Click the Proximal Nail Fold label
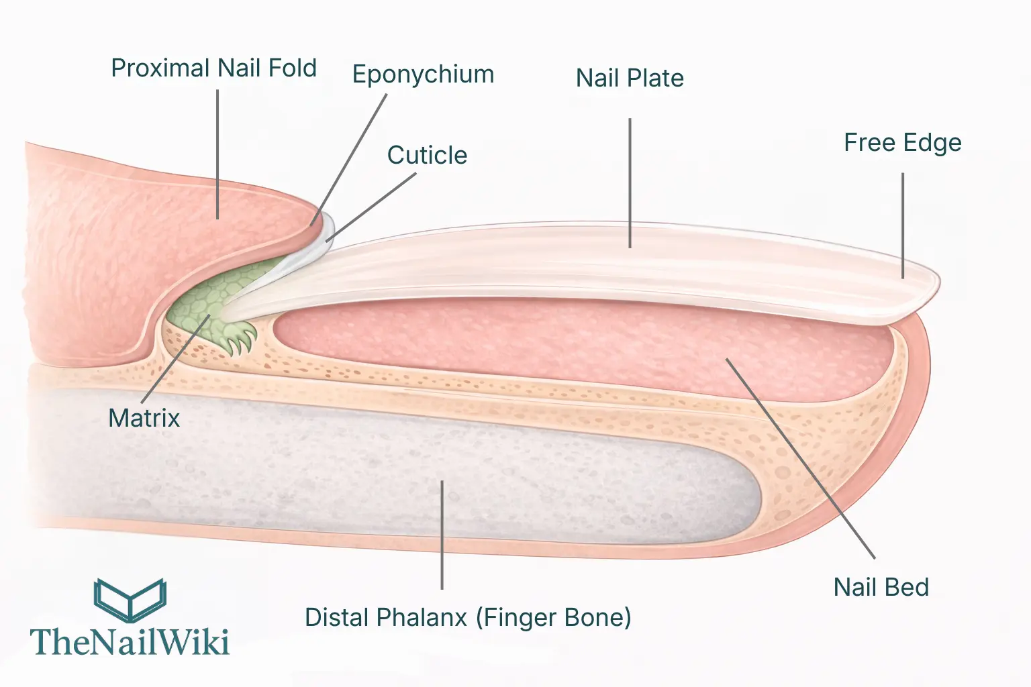[213, 68]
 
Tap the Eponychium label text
[423, 74]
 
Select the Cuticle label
[427, 156]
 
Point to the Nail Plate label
[630, 78]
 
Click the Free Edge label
[902, 143]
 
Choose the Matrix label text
[144, 419]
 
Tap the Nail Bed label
[881, 588]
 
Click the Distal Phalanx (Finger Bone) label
[468, 618]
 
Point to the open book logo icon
[130, 599]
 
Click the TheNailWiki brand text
[130, 642]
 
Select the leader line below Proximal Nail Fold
[217, 154]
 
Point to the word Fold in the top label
[292, 68]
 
